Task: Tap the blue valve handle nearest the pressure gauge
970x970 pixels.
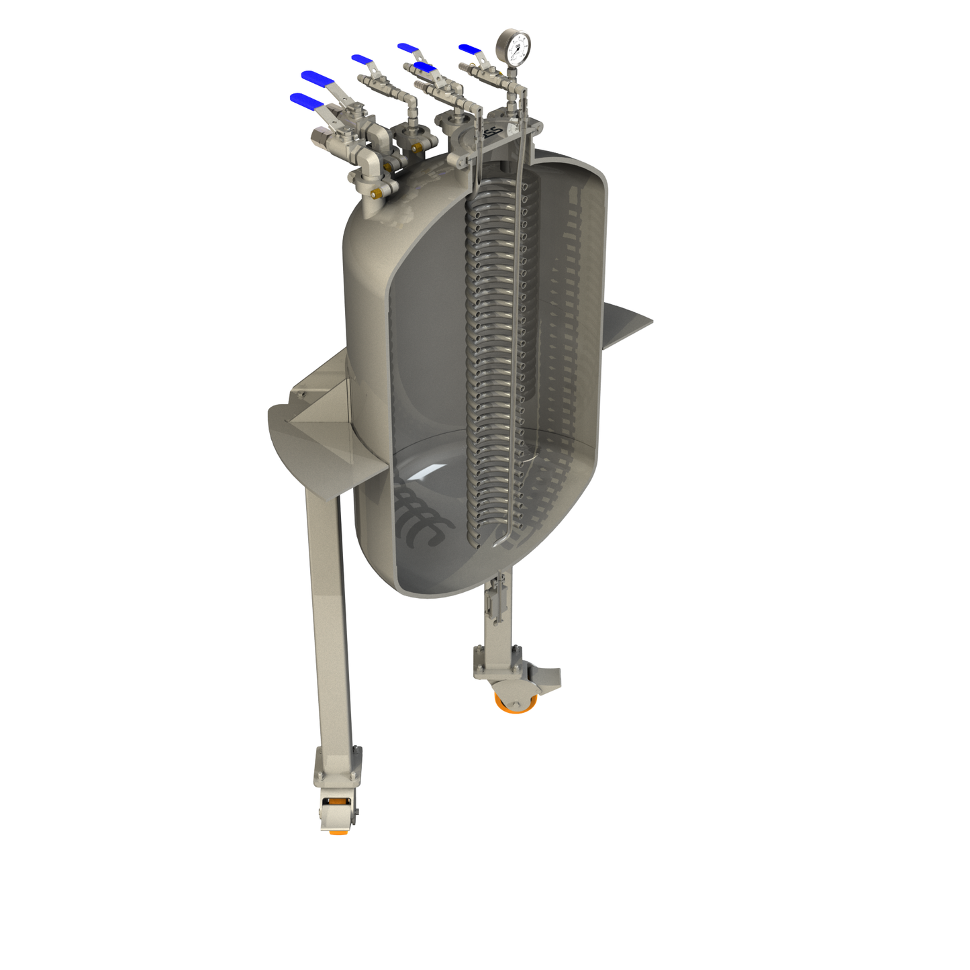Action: point(471,49)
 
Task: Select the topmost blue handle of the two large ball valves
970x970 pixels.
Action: point(318,79)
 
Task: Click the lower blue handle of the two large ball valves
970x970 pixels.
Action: point(306,101)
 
